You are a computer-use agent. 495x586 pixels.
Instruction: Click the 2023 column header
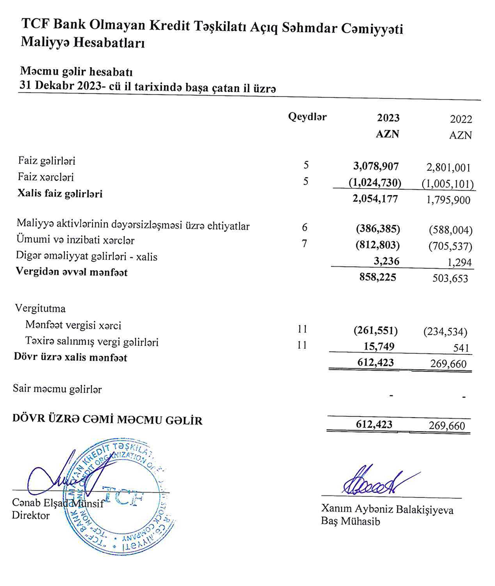(x=388, y=118)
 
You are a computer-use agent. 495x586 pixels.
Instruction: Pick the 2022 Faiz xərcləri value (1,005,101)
(x=448, y=183)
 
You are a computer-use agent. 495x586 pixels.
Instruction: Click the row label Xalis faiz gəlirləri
(x=60, y=194)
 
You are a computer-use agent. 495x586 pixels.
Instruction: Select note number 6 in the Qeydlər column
(x=305, y=228)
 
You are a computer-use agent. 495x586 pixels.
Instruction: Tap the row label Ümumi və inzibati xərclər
(x=76, y=241)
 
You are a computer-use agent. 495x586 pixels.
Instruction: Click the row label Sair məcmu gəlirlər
(x=57, y=389)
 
